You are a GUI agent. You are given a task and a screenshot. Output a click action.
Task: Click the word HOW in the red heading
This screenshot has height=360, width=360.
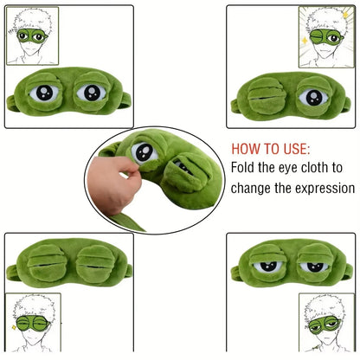247,148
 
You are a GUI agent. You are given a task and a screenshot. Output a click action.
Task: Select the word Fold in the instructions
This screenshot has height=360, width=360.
245,167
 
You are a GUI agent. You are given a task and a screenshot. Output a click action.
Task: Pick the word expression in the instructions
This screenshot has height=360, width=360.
323,188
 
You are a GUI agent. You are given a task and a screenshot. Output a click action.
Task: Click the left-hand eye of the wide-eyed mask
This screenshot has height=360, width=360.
44,93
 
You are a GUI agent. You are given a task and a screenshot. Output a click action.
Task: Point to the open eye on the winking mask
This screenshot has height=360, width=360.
311,95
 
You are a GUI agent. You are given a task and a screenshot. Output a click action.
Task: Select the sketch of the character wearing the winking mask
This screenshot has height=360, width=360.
326,35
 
